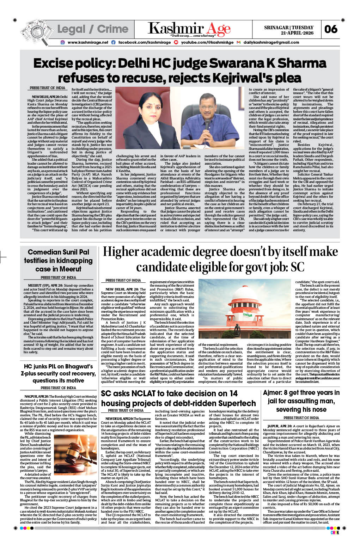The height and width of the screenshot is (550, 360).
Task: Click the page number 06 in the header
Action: tap(331, 29)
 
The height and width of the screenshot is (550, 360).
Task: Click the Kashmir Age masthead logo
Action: tap(189, 29)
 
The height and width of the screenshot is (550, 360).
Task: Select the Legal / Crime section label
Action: tap(93, 29)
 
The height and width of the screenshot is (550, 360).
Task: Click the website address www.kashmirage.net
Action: tap(88, 42)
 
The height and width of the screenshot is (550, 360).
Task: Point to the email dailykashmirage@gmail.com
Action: tap(271, 42)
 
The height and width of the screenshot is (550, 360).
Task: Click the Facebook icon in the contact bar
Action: tap(113, 42)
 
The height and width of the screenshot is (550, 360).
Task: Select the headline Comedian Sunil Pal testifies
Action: tap(58, 260)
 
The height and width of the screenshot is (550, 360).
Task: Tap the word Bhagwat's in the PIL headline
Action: tap(75, 366)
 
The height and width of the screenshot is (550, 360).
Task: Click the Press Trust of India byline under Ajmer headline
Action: tap(301, 418)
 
